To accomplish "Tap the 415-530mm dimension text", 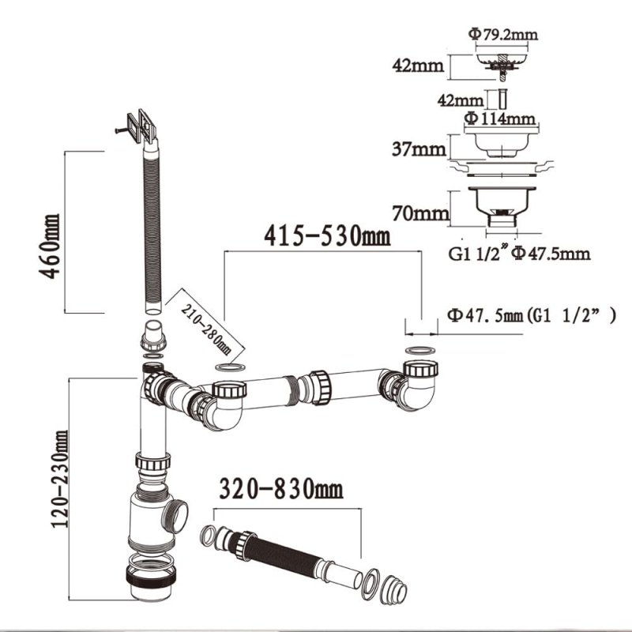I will click(x=326, y=234).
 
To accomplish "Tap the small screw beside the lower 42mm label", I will click(x=501, y=100).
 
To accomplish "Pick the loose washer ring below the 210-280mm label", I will click(x=230, y=369).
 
